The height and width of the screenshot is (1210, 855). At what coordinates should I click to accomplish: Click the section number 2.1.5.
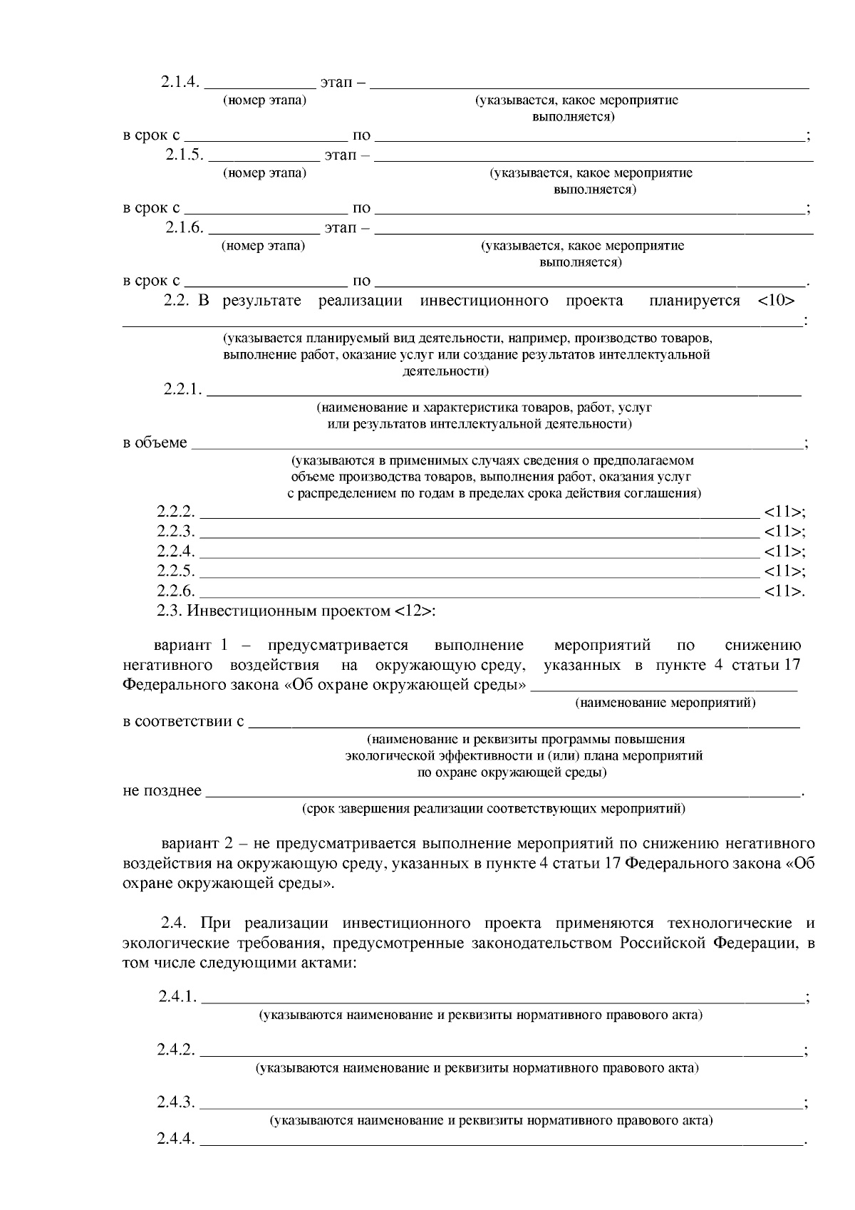tap(185, 155)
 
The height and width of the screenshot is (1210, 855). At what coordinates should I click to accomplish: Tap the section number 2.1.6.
tap(185, 227)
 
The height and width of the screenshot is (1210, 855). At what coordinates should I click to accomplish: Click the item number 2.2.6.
tap(176, 591)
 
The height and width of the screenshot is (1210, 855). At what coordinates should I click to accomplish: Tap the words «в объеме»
tap(155, 443)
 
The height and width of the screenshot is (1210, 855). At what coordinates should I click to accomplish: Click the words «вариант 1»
tap(190, 646)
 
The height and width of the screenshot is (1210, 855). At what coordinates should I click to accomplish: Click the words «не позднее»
tap(162, 791)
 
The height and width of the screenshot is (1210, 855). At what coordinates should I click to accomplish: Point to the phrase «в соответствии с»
tap(183, 721)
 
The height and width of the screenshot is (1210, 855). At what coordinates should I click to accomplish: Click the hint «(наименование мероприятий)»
tap(665, 703)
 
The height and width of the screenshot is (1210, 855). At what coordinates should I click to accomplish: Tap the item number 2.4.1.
tap(177, 996)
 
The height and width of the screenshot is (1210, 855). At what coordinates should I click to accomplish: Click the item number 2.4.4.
tap(176, 1139)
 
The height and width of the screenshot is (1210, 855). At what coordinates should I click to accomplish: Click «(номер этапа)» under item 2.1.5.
tap(264, 173)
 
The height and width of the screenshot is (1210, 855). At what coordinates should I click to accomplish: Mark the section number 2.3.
tap(170, 611)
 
